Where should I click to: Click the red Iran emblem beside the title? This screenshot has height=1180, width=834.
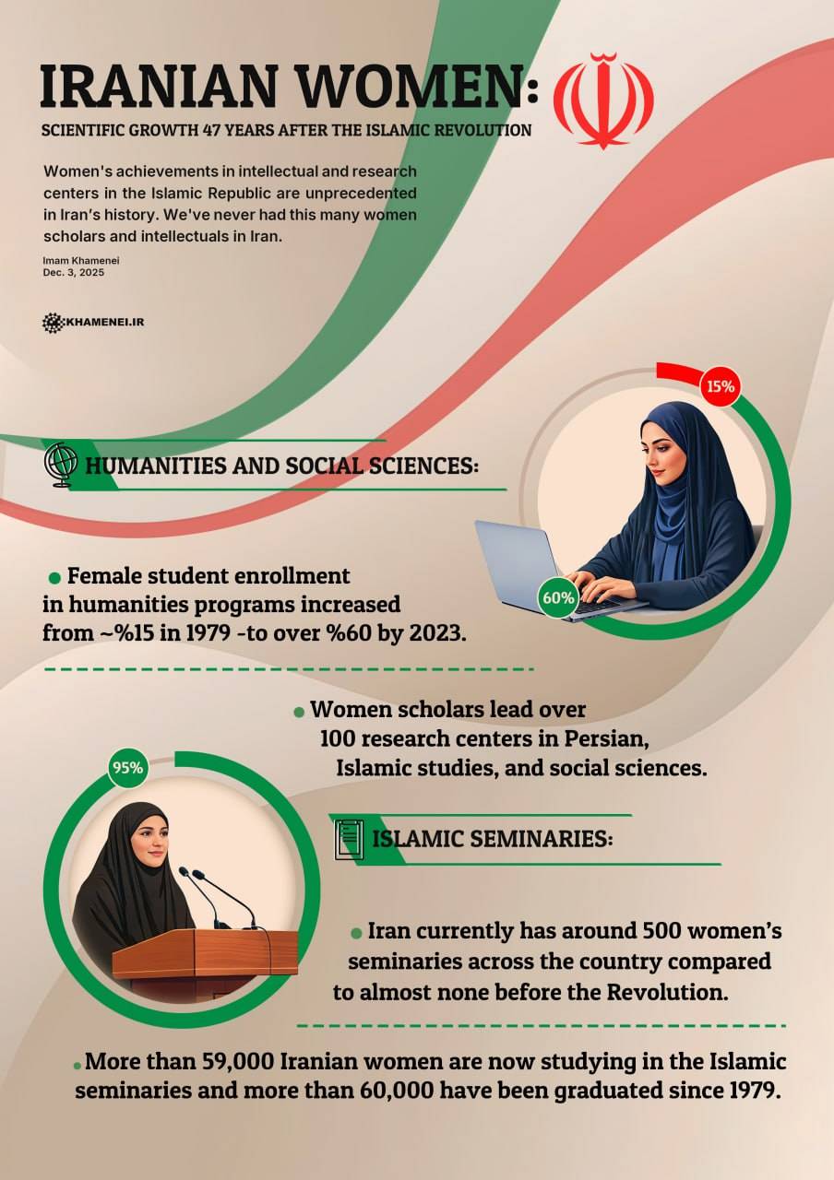click(603, 100)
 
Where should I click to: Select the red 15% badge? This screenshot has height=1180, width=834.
click(721, 386)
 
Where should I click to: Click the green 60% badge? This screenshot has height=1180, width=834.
click(558, 597)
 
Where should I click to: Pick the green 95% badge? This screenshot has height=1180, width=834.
click(127, 768)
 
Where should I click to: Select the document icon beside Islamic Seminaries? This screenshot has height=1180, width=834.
click(348, 839)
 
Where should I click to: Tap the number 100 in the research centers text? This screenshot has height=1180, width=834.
click(339, 738)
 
